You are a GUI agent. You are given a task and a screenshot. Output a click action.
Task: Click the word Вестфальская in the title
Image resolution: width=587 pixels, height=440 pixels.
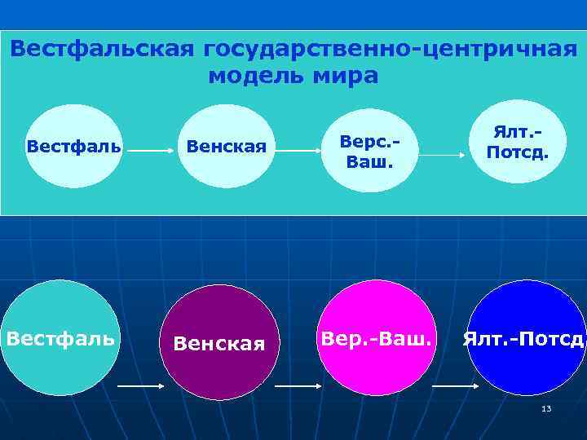103,50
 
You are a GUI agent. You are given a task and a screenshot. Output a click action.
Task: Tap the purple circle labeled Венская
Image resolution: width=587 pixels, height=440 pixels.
219,342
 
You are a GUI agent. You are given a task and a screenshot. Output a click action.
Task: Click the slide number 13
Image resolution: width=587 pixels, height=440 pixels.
546,407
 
